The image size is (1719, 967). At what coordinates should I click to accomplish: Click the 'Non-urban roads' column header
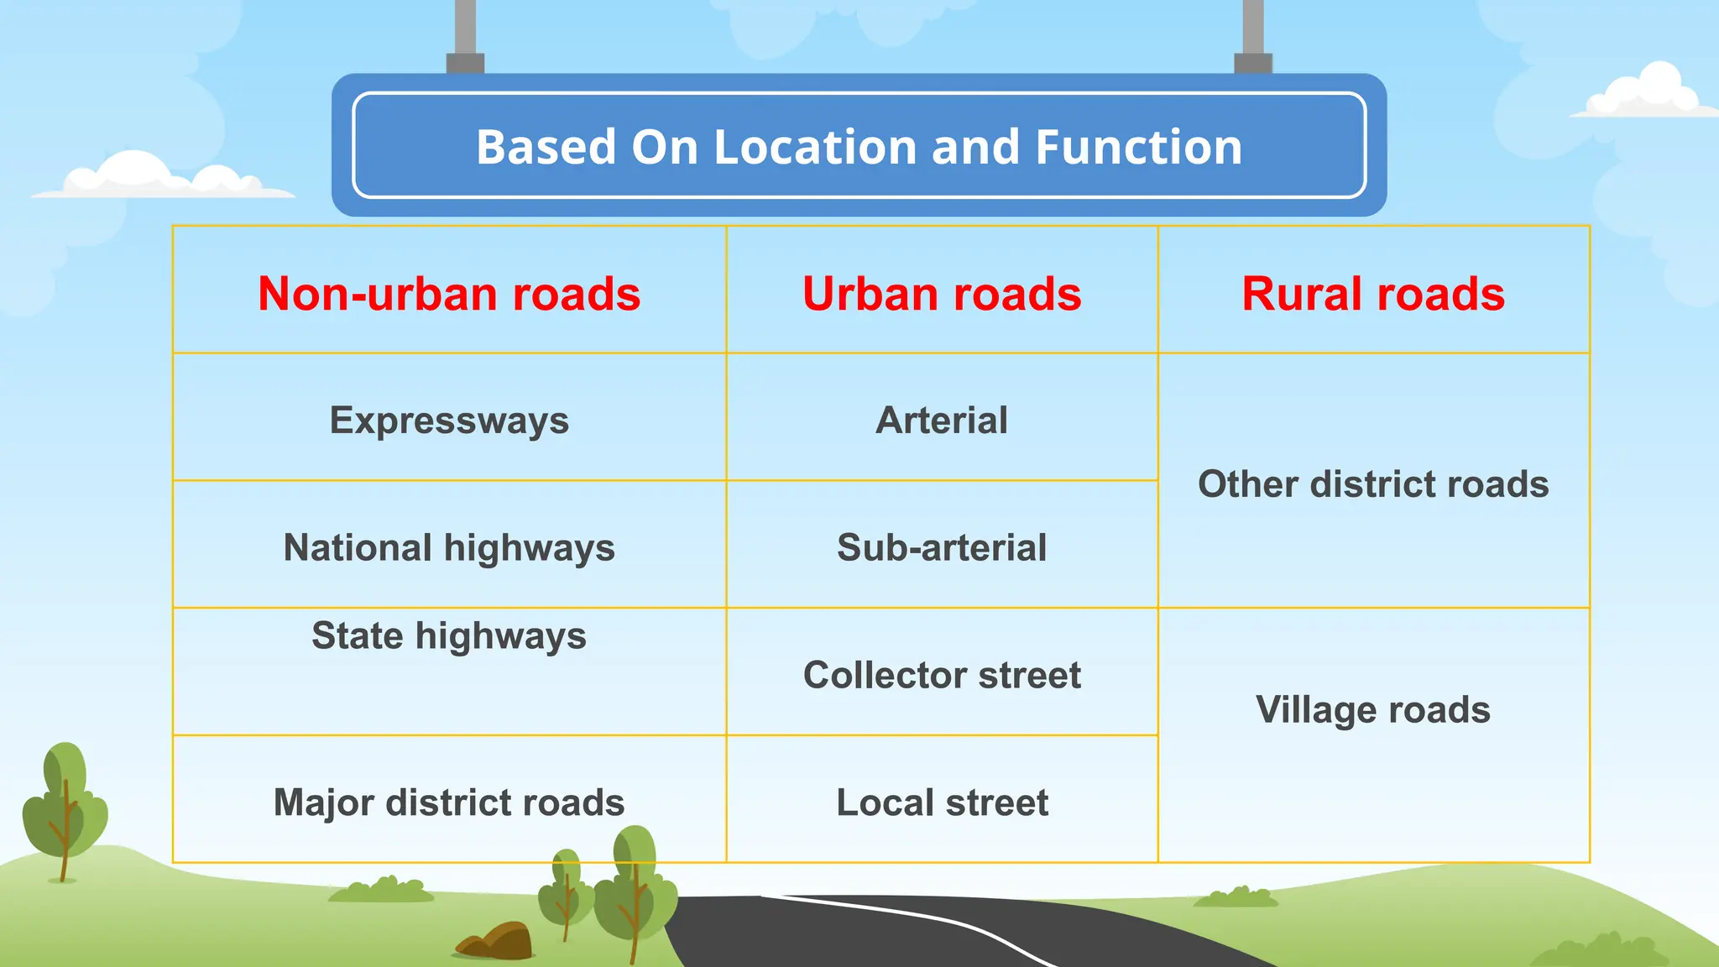coord(449,294)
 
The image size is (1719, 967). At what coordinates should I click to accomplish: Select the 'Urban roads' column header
coord(942,294)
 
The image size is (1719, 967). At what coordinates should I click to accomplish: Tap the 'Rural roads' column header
coord(1373,294)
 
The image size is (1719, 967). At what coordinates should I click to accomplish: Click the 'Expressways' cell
coord(449,420)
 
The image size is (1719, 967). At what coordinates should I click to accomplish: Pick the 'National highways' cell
coord(449,547)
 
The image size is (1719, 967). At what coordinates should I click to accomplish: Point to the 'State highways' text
coord(449,635)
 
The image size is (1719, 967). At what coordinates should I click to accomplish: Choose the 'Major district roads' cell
coord(449,802)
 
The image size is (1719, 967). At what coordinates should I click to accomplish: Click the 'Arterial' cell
coord(942,420)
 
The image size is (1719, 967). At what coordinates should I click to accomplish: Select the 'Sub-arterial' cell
coord(942,547)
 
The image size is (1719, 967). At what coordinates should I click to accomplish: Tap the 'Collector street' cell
coord(942,675)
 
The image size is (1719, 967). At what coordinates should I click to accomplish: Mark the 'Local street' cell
coord(942,802)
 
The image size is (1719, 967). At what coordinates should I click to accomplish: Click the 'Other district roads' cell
coord(1373,484)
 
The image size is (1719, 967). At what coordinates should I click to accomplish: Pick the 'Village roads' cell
coord(1373,710)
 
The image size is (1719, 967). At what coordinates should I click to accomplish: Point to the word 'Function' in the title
coord(1138,147)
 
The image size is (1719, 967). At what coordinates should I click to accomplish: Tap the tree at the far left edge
coord(65,806)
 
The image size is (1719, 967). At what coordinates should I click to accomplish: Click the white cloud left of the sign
coord(159,176)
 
